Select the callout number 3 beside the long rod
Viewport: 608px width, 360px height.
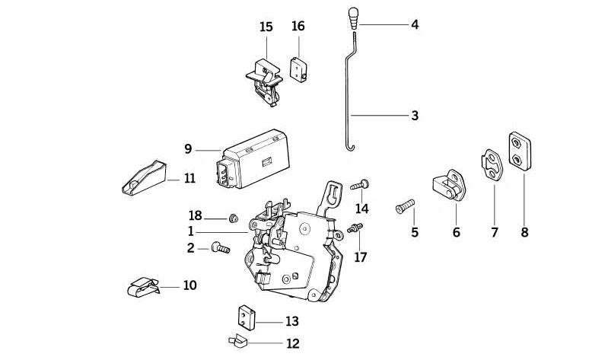[x=414, y=116]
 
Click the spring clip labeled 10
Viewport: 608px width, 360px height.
[x=143, y=286]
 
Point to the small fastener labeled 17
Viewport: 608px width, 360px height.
[x=355, y=228]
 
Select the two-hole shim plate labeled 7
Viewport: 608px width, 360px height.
[x=489, y=165]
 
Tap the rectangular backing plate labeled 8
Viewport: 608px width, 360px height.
[x=521, y=151]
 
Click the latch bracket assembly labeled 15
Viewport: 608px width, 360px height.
[x=263, y=77]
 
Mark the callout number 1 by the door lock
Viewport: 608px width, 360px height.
[x=191, y=231]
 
